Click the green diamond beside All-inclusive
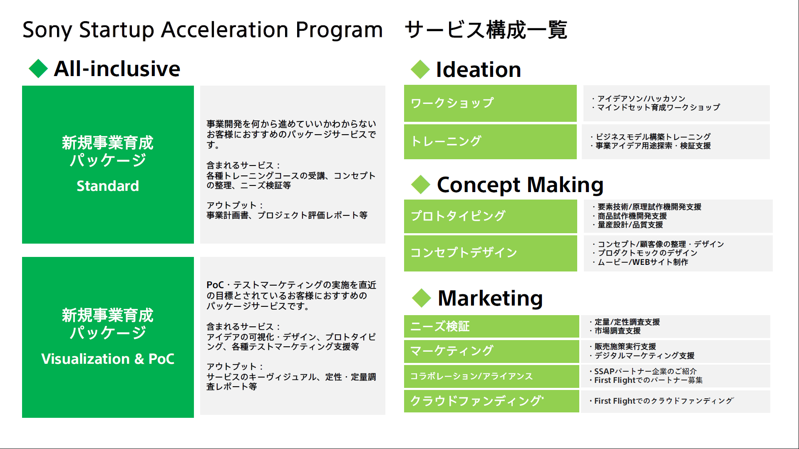coord(38,69)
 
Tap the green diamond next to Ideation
coord(420,69)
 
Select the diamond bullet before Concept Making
coord(421,185)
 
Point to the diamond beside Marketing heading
coord(422,298)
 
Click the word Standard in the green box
coord(108,186)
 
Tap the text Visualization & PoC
coord(108,359)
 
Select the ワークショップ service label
coord(452,103)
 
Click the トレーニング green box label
coord(446,141)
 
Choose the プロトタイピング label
coord(458,216)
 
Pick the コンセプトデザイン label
coord(464,253)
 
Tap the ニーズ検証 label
coord(440,326)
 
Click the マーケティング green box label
coord(452,351)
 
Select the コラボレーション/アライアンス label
coord(471,376)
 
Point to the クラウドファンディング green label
coord(477,401)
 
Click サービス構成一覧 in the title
coord(486,30)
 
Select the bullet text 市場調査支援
coord(618,331)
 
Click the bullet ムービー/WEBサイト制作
coord(643,262)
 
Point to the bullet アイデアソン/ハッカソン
coord(641,99)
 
